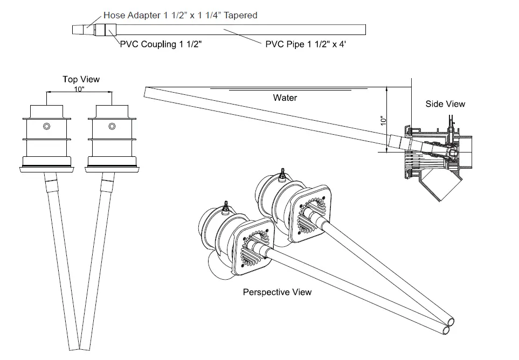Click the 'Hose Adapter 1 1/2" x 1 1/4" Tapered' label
coord(180,16)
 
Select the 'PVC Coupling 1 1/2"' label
coord(163,45)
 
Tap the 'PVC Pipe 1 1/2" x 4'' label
coord(306,45)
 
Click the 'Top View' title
coord(81,80)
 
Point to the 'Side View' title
coord(445,104)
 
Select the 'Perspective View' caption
coord(277,292)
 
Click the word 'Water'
coord(285,98)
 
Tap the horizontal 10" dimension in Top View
coord(79,89)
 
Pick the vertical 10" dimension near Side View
coord(383,122)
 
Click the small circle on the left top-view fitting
coord(46,127)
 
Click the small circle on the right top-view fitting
coord(112,127)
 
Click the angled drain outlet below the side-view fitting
coord(443,186)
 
